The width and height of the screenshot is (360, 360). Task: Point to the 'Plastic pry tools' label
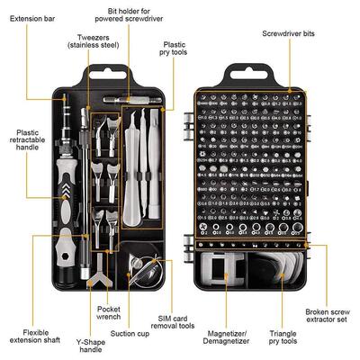(176, 48)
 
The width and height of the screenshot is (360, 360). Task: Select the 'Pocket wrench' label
(111, 312)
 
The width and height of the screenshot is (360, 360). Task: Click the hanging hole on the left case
(109, 72)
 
